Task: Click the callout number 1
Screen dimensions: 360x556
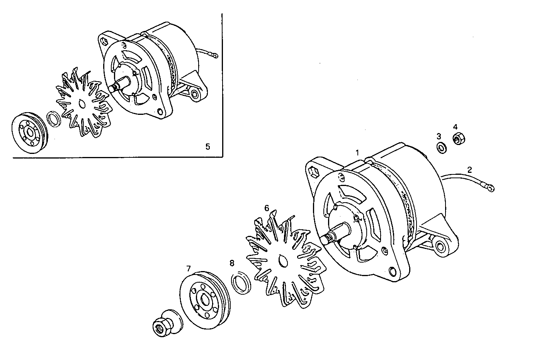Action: pyautogui.click(x=357, y=152)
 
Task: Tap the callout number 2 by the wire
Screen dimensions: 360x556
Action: pyautogui.click(x=469, y=169)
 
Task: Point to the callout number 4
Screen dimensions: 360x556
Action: pyautogui.click(x=455, y=127)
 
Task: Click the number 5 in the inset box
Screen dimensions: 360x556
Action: pyautogui.click(x=207, y=146)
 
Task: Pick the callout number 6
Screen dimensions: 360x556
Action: pyautogui.click(x=267, y=208)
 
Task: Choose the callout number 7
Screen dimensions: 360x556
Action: pyautogui.click(x=188, y=268)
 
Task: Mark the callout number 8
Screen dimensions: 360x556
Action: pyautogui.click(x=232, y=263)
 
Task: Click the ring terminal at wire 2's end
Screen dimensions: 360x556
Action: pyautogui.click(x=490, y=188)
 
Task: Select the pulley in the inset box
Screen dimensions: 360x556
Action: pyautogui.click(x=28, y=131)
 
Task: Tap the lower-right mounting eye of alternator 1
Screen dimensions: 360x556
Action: pyautogui.click(x=440, y=246)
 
